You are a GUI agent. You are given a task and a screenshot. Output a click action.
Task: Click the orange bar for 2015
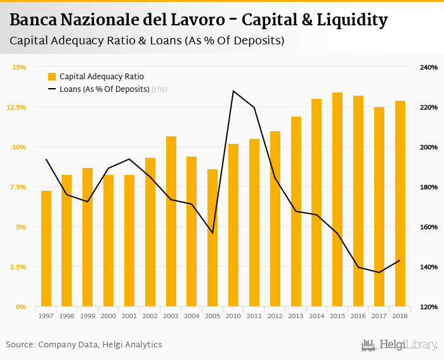click(337, 200)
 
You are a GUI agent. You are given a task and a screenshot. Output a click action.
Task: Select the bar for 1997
click(46, 248)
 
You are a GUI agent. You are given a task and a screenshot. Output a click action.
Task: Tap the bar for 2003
click(171, 221)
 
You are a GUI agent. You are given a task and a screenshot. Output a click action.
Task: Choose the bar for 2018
click(400, 203)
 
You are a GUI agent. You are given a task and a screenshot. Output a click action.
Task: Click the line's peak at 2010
click(233, 91)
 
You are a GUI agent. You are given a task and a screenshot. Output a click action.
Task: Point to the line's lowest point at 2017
click(379, 273)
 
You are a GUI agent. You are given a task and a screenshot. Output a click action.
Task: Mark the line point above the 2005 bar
click(212, 233)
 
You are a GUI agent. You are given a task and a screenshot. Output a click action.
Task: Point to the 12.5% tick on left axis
click(16, 107)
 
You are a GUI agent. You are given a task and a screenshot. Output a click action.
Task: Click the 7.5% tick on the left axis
click(17, 187)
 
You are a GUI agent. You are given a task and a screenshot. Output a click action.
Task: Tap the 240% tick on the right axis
click(429, 67)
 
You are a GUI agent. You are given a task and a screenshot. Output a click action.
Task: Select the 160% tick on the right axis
click(429, 227)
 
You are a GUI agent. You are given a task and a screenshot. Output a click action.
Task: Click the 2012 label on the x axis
click(275, 316)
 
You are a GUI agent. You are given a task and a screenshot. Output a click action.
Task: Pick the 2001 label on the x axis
click(129, 316)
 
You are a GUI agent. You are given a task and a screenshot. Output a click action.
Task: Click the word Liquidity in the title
click(346, 20)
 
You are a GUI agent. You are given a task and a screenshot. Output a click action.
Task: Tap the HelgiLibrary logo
click(399, 345)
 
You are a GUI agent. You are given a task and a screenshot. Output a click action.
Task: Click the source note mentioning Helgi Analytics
click(84, 345)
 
